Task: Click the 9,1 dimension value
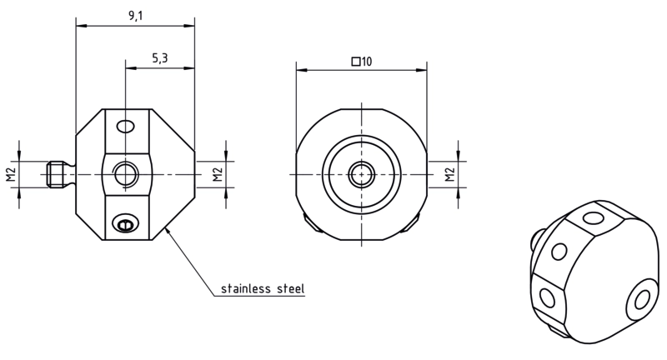[x=136, y=16]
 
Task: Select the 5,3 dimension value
[x=160, y=57]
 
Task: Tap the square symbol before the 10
[x=356, y=62]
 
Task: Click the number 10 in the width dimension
[x=367, y=62]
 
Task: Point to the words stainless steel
[x=263, y=289]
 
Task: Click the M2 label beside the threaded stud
[x=11, y=174]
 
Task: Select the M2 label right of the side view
[x=218, y=174]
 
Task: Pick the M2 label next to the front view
[x=449, y=174]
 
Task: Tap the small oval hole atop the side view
[x=126, y=126]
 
